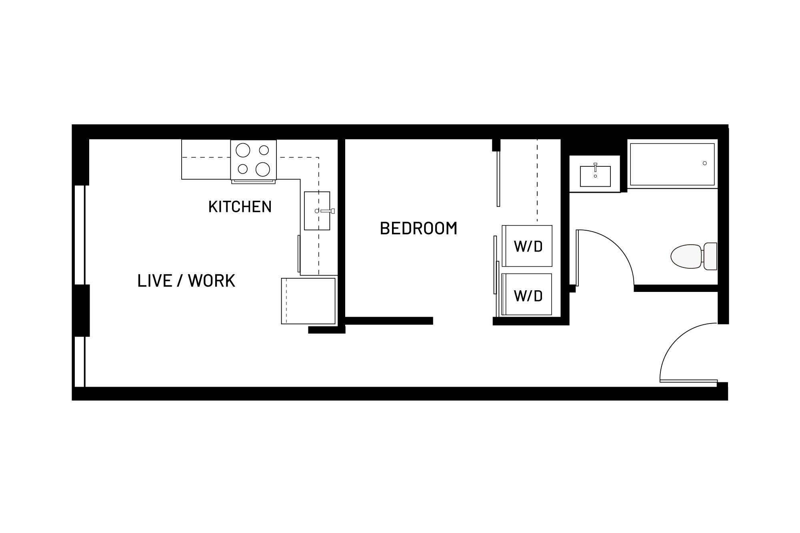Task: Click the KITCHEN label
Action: point(240,207)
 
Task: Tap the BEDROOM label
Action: point(418,228)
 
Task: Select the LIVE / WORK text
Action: point(186,281)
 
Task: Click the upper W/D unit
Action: point(528,246)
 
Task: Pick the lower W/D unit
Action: point(528,295)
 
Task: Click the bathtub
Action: point(672,164)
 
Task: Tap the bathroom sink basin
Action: point(595,177)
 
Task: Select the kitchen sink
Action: point(317,211)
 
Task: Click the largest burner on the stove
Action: point(263,169)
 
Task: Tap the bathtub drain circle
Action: point(705,163)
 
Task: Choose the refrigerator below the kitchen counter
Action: point(308,301)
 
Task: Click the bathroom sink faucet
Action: point(595,168)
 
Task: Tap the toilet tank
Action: point(710,256)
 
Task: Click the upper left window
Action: point(80,235)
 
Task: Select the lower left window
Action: point(80,362)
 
